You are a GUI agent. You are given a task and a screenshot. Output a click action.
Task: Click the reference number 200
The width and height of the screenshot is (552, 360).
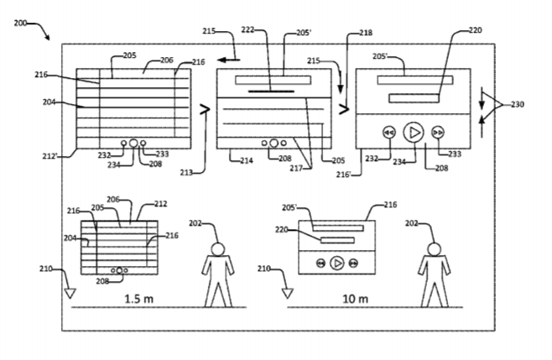(20, 23)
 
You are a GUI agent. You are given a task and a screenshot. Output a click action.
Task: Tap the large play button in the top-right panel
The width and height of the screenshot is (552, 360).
(414, 133)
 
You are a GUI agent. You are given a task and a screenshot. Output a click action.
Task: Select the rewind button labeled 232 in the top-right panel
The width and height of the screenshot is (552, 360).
(389, 133)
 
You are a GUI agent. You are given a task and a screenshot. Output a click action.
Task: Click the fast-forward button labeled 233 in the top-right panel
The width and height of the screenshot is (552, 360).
(438, 133)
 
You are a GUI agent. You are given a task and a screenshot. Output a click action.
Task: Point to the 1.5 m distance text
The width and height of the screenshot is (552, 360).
(139, 299)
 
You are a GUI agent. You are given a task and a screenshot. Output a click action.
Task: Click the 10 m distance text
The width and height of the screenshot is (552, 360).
(356, 299)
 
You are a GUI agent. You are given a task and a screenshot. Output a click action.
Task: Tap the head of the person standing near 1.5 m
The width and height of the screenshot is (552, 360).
(218, 249)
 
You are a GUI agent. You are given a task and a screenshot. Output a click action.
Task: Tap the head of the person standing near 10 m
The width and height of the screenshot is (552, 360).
(434, 249)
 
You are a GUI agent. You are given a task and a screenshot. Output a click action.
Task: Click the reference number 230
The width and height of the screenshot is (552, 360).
(518, 104)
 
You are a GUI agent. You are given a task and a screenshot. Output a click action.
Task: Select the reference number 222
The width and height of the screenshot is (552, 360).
(247, 30)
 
